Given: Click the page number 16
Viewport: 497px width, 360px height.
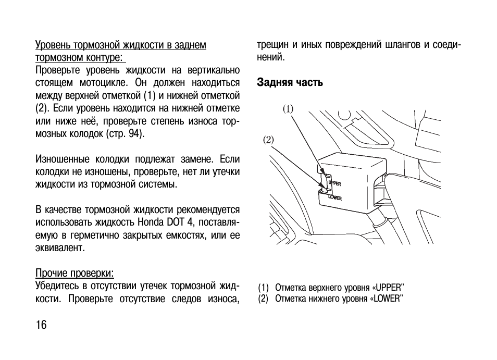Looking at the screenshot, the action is pyautogui.click(x=41, y=325).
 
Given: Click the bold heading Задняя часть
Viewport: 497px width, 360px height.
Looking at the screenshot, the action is pyautogui.click(x=290, y=82).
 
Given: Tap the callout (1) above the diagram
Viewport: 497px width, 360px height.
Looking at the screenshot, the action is pyautogui.click(x=288, y=109).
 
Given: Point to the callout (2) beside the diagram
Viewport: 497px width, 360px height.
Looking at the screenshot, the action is pyautogui.click(x=268, y=140).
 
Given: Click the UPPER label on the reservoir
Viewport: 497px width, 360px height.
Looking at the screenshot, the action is pyautogui.click(x=334, y=183).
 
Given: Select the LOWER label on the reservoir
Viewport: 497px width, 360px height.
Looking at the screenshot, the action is pyautogui.click(x=335, y=198).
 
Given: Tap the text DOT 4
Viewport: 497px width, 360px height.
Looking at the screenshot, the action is pyautogui.click(x=180, y=222).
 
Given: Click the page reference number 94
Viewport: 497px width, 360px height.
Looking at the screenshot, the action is pyautogui.click(x=134, y=134).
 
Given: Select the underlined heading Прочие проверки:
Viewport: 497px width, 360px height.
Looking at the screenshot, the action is pyautogui.click(x=75, y=273).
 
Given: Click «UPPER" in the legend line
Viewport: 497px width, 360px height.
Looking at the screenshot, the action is pyautogui.click(x=389, y=288).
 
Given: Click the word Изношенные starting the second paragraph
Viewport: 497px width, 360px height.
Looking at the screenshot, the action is pyautogui.click(x=62, y=159).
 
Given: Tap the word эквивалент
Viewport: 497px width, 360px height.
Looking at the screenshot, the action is pyautogui.click(x=60, y=248).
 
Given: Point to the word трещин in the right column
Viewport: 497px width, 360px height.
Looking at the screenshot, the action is pyautogui.click(x=272, y=45).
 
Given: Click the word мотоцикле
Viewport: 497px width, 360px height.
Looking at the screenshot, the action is pyautogui.click(x=104, y=83).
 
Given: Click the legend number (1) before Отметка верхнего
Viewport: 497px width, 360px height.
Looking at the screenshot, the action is pyautogui.click(x=263, y=288).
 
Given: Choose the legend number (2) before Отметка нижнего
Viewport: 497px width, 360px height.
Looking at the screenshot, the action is pyautogui.click(x=263, y=299).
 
